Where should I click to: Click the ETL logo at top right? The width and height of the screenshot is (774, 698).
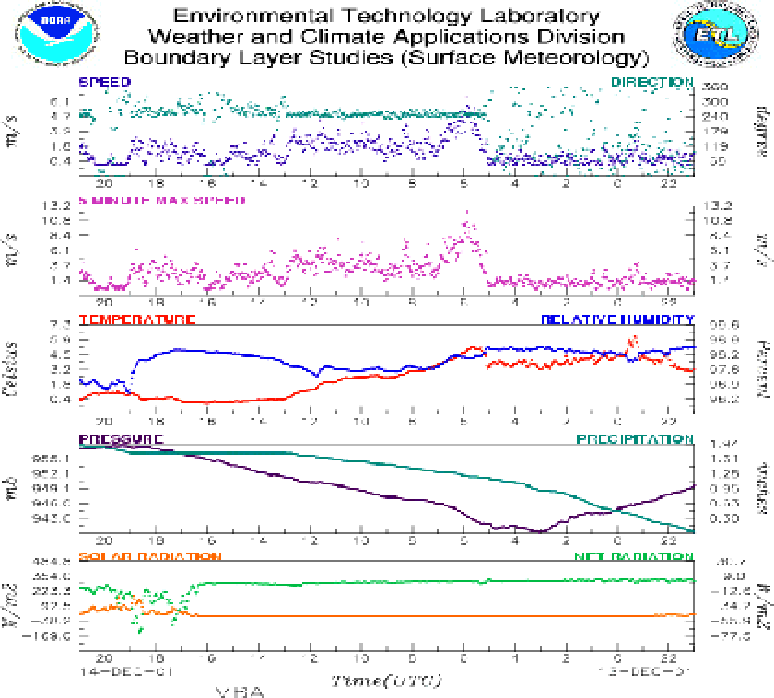710,34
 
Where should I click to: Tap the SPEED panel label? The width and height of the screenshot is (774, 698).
104,82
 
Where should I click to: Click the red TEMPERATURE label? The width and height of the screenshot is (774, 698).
137,320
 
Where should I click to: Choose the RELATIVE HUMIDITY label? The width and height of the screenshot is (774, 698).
617,320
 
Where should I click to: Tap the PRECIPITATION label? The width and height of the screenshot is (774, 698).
635,439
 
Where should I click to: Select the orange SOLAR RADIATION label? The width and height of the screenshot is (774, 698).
149,557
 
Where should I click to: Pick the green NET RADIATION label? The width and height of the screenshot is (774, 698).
634,557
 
